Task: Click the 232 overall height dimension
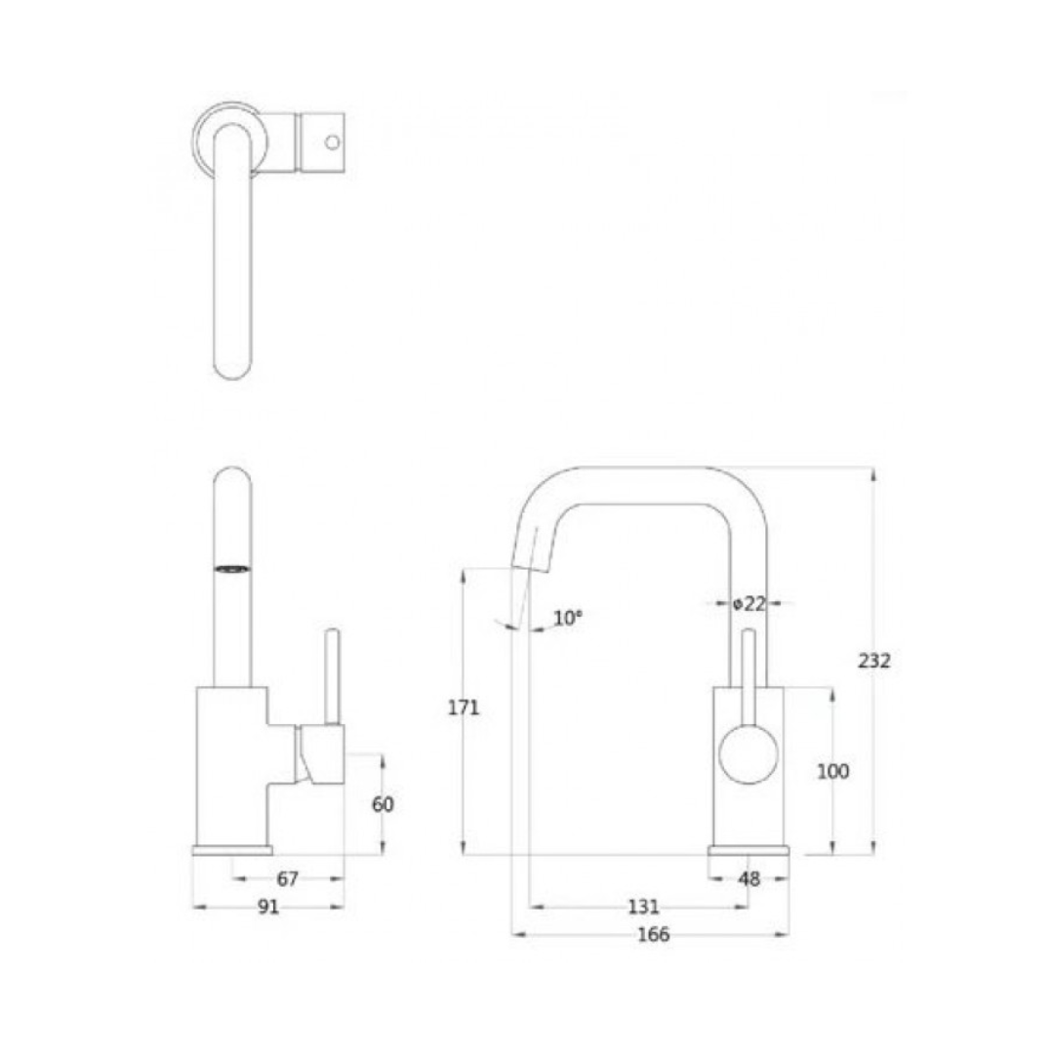pos(873,661)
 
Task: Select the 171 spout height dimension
pos(464,709)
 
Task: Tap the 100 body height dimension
pos(832,772)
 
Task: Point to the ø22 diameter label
pos(750,604)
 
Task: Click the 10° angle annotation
pos(567,618)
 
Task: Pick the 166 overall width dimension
pos(652,935)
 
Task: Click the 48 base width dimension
pos(749,879)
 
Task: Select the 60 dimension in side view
pos(383,805)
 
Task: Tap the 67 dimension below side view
pos(287,879)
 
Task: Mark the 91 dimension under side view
pos(268,907)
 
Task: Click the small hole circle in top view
pos(332,142)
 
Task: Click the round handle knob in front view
pos(749,754)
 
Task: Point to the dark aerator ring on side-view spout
pos(231,568)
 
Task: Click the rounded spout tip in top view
pos(231,366)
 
